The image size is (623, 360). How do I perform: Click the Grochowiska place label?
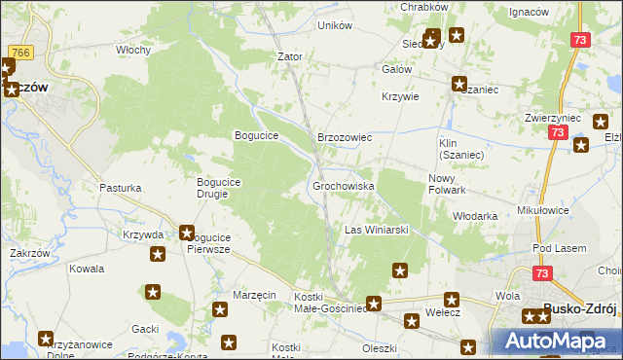343,185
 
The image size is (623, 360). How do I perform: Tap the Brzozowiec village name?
345,138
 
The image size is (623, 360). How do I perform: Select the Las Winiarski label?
376,230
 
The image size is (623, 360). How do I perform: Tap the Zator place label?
290,56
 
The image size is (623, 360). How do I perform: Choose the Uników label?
334,25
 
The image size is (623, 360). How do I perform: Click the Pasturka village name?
121,187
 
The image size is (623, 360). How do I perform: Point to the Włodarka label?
476,216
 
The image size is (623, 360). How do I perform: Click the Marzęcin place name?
255,295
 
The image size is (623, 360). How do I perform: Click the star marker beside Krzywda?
187,234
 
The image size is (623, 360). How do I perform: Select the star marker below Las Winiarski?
399,270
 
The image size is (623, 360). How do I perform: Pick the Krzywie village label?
400,96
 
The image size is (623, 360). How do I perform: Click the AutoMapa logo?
556,341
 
